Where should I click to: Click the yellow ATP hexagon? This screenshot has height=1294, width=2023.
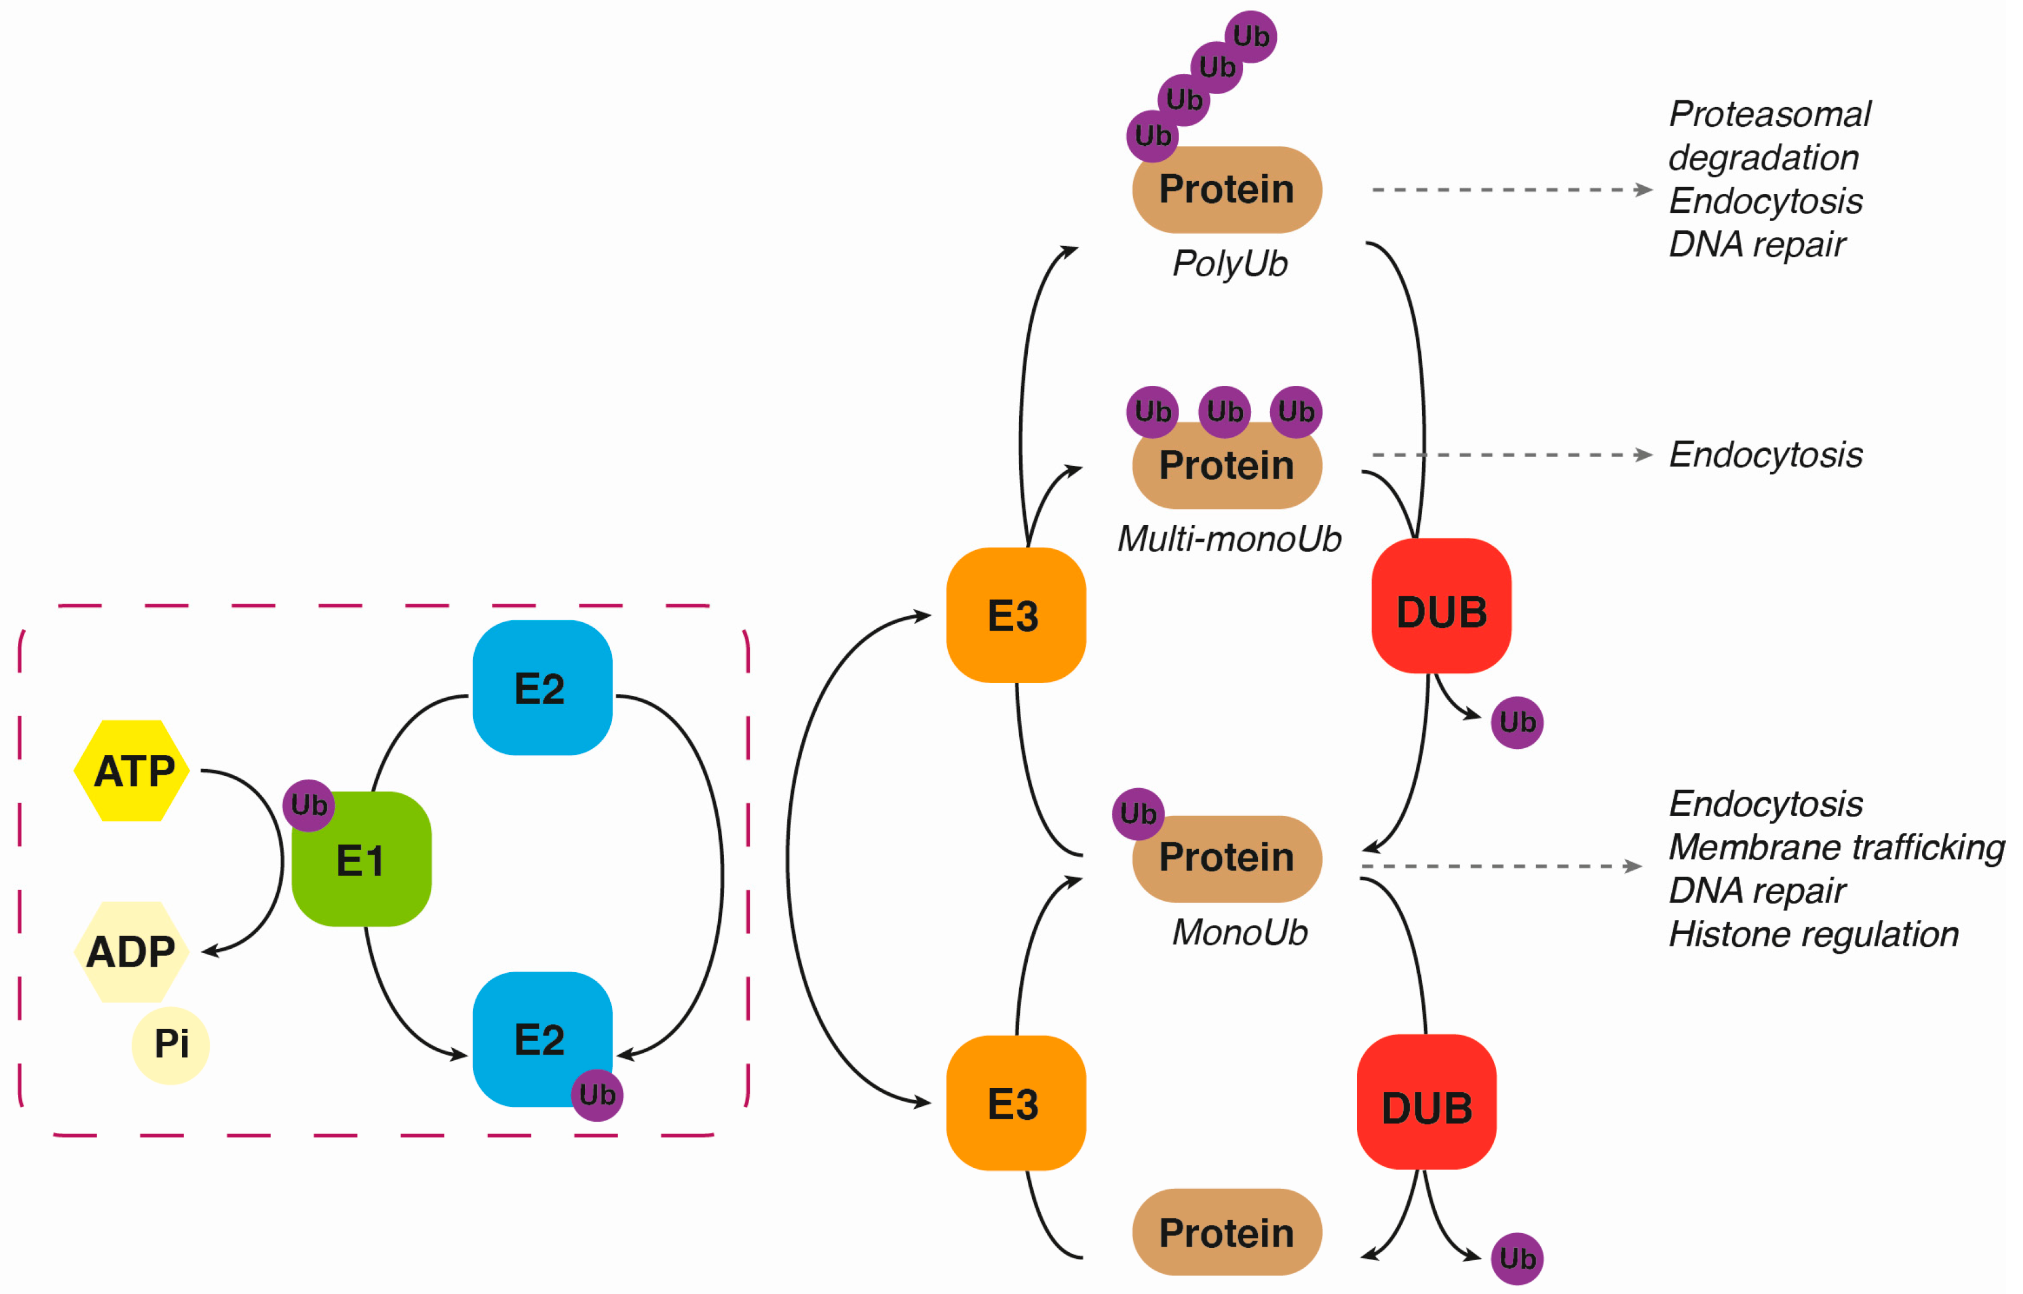(x=132, y=770)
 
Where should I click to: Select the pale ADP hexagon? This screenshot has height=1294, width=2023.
(x=132, y=952)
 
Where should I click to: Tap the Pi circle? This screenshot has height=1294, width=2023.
(x=170, y=1045)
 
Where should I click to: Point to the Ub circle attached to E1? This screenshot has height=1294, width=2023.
(x=308, y=805)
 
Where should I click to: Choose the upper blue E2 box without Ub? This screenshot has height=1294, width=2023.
(x=543, y=687)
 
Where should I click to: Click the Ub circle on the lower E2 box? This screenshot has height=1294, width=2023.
(x=597, y=1095)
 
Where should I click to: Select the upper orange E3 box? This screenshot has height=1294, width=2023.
(x=1015, y=615)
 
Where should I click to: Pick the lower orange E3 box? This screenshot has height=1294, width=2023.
(x=1015, y=1103)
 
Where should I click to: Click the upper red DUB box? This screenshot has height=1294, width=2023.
(x=1442, y=606)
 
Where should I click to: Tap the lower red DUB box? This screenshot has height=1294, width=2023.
(x=1426, y=1101)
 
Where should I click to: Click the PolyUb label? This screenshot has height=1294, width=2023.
(x=1230, y=265)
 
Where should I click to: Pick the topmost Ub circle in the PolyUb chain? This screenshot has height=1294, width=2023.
(x=1251, y=36)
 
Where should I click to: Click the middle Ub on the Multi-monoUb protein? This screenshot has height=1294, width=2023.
(x=1225, y=412)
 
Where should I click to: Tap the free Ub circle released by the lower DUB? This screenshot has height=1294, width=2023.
(x=1517, y=1259)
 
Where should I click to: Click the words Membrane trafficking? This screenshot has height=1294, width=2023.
(x=1837, y=847)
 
